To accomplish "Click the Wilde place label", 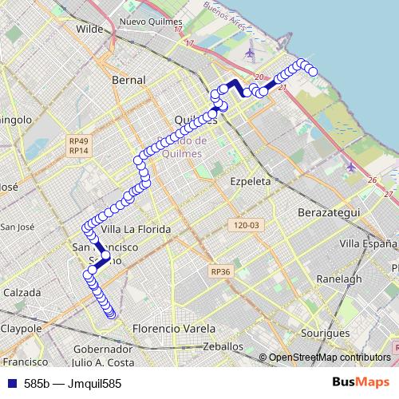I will [x=90, y=29].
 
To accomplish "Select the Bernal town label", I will [x=128, y=81].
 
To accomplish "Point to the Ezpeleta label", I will [x=250, y=181].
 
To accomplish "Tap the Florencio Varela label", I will [x=174, y=329].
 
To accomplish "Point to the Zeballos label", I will [x=223, y=347].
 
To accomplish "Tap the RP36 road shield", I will [x=221, y=272].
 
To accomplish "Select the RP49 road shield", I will [x=78, y=141].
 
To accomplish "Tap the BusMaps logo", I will [x=361, y=383].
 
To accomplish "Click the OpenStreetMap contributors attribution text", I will [x=330, y=358].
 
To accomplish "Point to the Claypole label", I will [x=21, y=329].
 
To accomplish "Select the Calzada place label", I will [x=22, y=293].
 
